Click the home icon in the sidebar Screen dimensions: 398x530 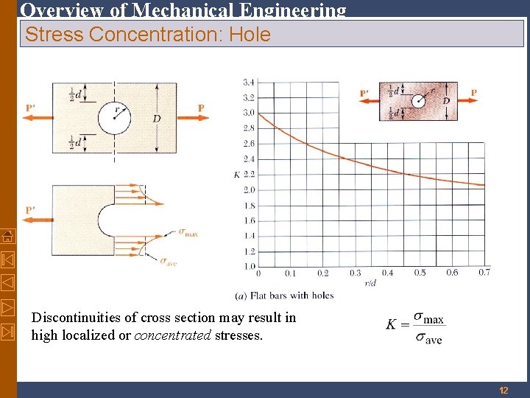[x=7, y=236]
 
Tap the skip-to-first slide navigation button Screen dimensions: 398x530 [x=7, y=259]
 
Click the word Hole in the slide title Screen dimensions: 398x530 [x=250, y=34]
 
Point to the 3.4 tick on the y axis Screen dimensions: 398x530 [x=248, y=82]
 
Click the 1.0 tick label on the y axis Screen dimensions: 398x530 [x=248, y=266]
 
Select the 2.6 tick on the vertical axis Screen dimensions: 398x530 [x=248, y=144]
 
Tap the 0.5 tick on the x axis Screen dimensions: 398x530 [x=420, y=273]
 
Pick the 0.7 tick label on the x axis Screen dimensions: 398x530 [x=484, y=273]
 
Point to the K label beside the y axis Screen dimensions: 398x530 [x=236, y=175]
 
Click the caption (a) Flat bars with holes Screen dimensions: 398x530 [x=284, y=296]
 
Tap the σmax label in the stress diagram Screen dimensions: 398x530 [x=188, y=233]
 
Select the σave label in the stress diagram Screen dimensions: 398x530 [x=169, y=260]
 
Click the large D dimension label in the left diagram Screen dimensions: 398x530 [x=157, y=118]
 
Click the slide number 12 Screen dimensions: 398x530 [x=504, y=390]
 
